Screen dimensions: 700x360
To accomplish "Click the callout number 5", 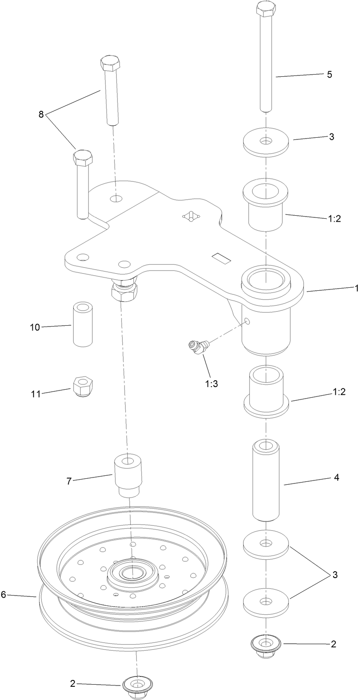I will [329, 74].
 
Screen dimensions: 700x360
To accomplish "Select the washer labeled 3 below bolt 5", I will [266, 142].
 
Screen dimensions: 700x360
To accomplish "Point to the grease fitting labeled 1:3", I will [197, 346].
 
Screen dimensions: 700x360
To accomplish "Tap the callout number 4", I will [336, 477].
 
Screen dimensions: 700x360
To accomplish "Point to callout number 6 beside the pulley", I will [4, 594].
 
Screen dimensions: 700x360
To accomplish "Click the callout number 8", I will [41, 114].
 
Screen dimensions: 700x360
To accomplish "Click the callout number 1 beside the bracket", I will [357, 289].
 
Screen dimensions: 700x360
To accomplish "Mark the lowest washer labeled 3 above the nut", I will [266, 603].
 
